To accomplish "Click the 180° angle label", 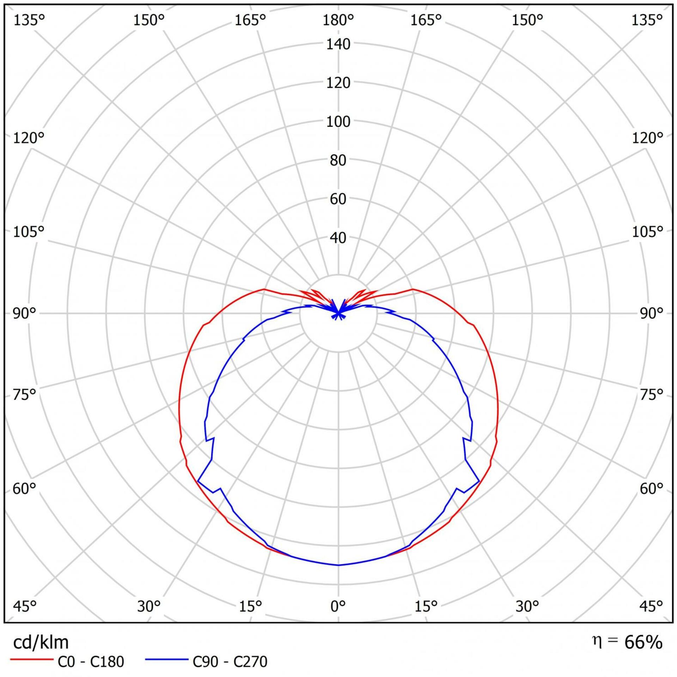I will (338, 20).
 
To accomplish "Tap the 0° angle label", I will (338, 606).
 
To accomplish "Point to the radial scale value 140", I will (338, 44).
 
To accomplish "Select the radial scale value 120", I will (338, 83).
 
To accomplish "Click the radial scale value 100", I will (338, 122).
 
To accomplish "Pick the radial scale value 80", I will (338, 161).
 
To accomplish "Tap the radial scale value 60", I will (338, 200).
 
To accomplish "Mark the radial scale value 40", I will (338, 238).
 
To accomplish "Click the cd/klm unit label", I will (41, 642).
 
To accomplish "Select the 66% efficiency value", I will (643, 642).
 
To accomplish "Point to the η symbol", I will (597, 641).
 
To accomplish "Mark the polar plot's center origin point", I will (338, 313).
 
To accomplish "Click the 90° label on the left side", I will (25, 313).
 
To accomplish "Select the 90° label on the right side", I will (651, 313).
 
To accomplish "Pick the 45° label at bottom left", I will (25, 606).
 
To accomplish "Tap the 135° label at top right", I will (647, 20).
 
